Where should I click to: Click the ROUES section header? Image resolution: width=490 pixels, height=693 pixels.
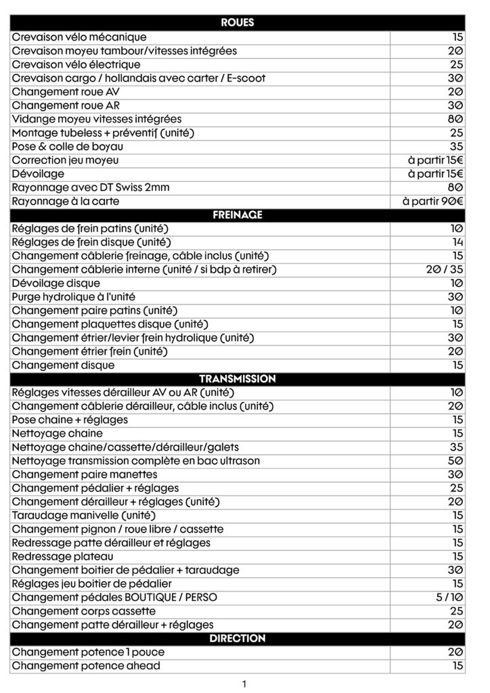coord(238,23)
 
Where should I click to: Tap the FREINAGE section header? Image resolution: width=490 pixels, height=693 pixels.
coord(238,215)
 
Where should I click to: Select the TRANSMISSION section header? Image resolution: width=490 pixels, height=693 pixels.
coord(238,379)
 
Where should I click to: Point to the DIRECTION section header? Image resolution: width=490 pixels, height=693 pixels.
coord(238,639)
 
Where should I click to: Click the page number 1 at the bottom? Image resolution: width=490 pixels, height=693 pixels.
coord(244,684)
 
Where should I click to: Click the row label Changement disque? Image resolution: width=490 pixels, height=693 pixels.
coord(63,365)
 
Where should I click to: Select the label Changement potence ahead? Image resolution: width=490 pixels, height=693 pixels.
coord(86,666)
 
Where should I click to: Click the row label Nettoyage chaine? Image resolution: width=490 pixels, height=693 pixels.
coord(58,433)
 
